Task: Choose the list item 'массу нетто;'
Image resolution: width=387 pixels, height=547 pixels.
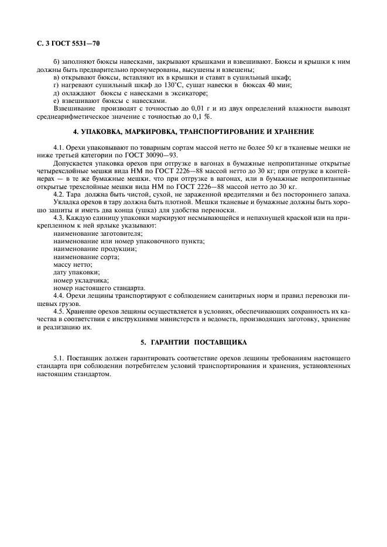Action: (x=73, y=264)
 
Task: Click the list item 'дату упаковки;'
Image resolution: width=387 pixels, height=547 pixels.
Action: (x=76, y=272)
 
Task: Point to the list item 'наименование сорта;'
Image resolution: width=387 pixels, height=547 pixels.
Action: (x=86, y=257)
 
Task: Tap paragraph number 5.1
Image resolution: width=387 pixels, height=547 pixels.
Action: (x=59, y=357)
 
